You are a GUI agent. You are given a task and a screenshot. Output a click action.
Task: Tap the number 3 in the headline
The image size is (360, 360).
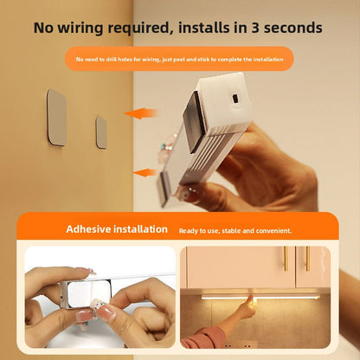pyautogui.click(x=255, y=28)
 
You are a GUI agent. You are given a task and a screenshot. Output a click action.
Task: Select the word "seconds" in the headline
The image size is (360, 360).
pyautogui.click(x=293, y=28)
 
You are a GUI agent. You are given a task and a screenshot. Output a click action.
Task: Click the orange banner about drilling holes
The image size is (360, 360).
pyautogui.click(x=179, y=59)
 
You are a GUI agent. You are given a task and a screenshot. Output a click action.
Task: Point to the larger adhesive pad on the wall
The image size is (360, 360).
pyautogui.click(x=56, y=118)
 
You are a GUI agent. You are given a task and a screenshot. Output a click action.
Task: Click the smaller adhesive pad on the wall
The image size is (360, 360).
pyautogui.click(x=101, y=132)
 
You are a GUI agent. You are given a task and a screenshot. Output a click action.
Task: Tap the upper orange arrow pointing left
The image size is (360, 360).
pyautogui.click(x=141, y=113)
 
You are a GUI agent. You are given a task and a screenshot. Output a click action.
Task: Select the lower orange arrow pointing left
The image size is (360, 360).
pyautogui.click(x=145, y=173)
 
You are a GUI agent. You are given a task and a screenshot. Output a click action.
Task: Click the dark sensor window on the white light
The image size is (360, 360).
pyautogui.click(x=235, y=99)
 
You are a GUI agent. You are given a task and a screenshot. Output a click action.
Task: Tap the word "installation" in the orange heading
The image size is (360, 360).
pyautogui.click(x=140, y=229)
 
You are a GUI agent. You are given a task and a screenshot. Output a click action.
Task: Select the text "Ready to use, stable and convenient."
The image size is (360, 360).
pyautogui.click(x=235, y=231)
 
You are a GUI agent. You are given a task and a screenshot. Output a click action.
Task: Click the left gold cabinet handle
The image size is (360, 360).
pyautogui.click(x=286, y=259)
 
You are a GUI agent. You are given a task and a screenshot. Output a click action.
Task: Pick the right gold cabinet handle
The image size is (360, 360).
pyautogui.click(x=307, y=259)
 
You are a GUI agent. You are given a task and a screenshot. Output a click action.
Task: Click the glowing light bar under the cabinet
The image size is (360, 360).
pyautogui.click(x=260, y=297)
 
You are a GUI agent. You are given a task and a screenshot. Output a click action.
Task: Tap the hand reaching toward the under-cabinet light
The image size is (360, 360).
pyautogui.click(x=247, y=305)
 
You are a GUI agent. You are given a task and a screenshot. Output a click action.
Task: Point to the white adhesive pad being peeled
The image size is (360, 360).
pyautogui.click(x=88, y=294)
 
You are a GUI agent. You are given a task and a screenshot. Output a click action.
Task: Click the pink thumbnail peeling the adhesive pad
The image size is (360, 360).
pyautogui.click(x=106, y=313)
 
